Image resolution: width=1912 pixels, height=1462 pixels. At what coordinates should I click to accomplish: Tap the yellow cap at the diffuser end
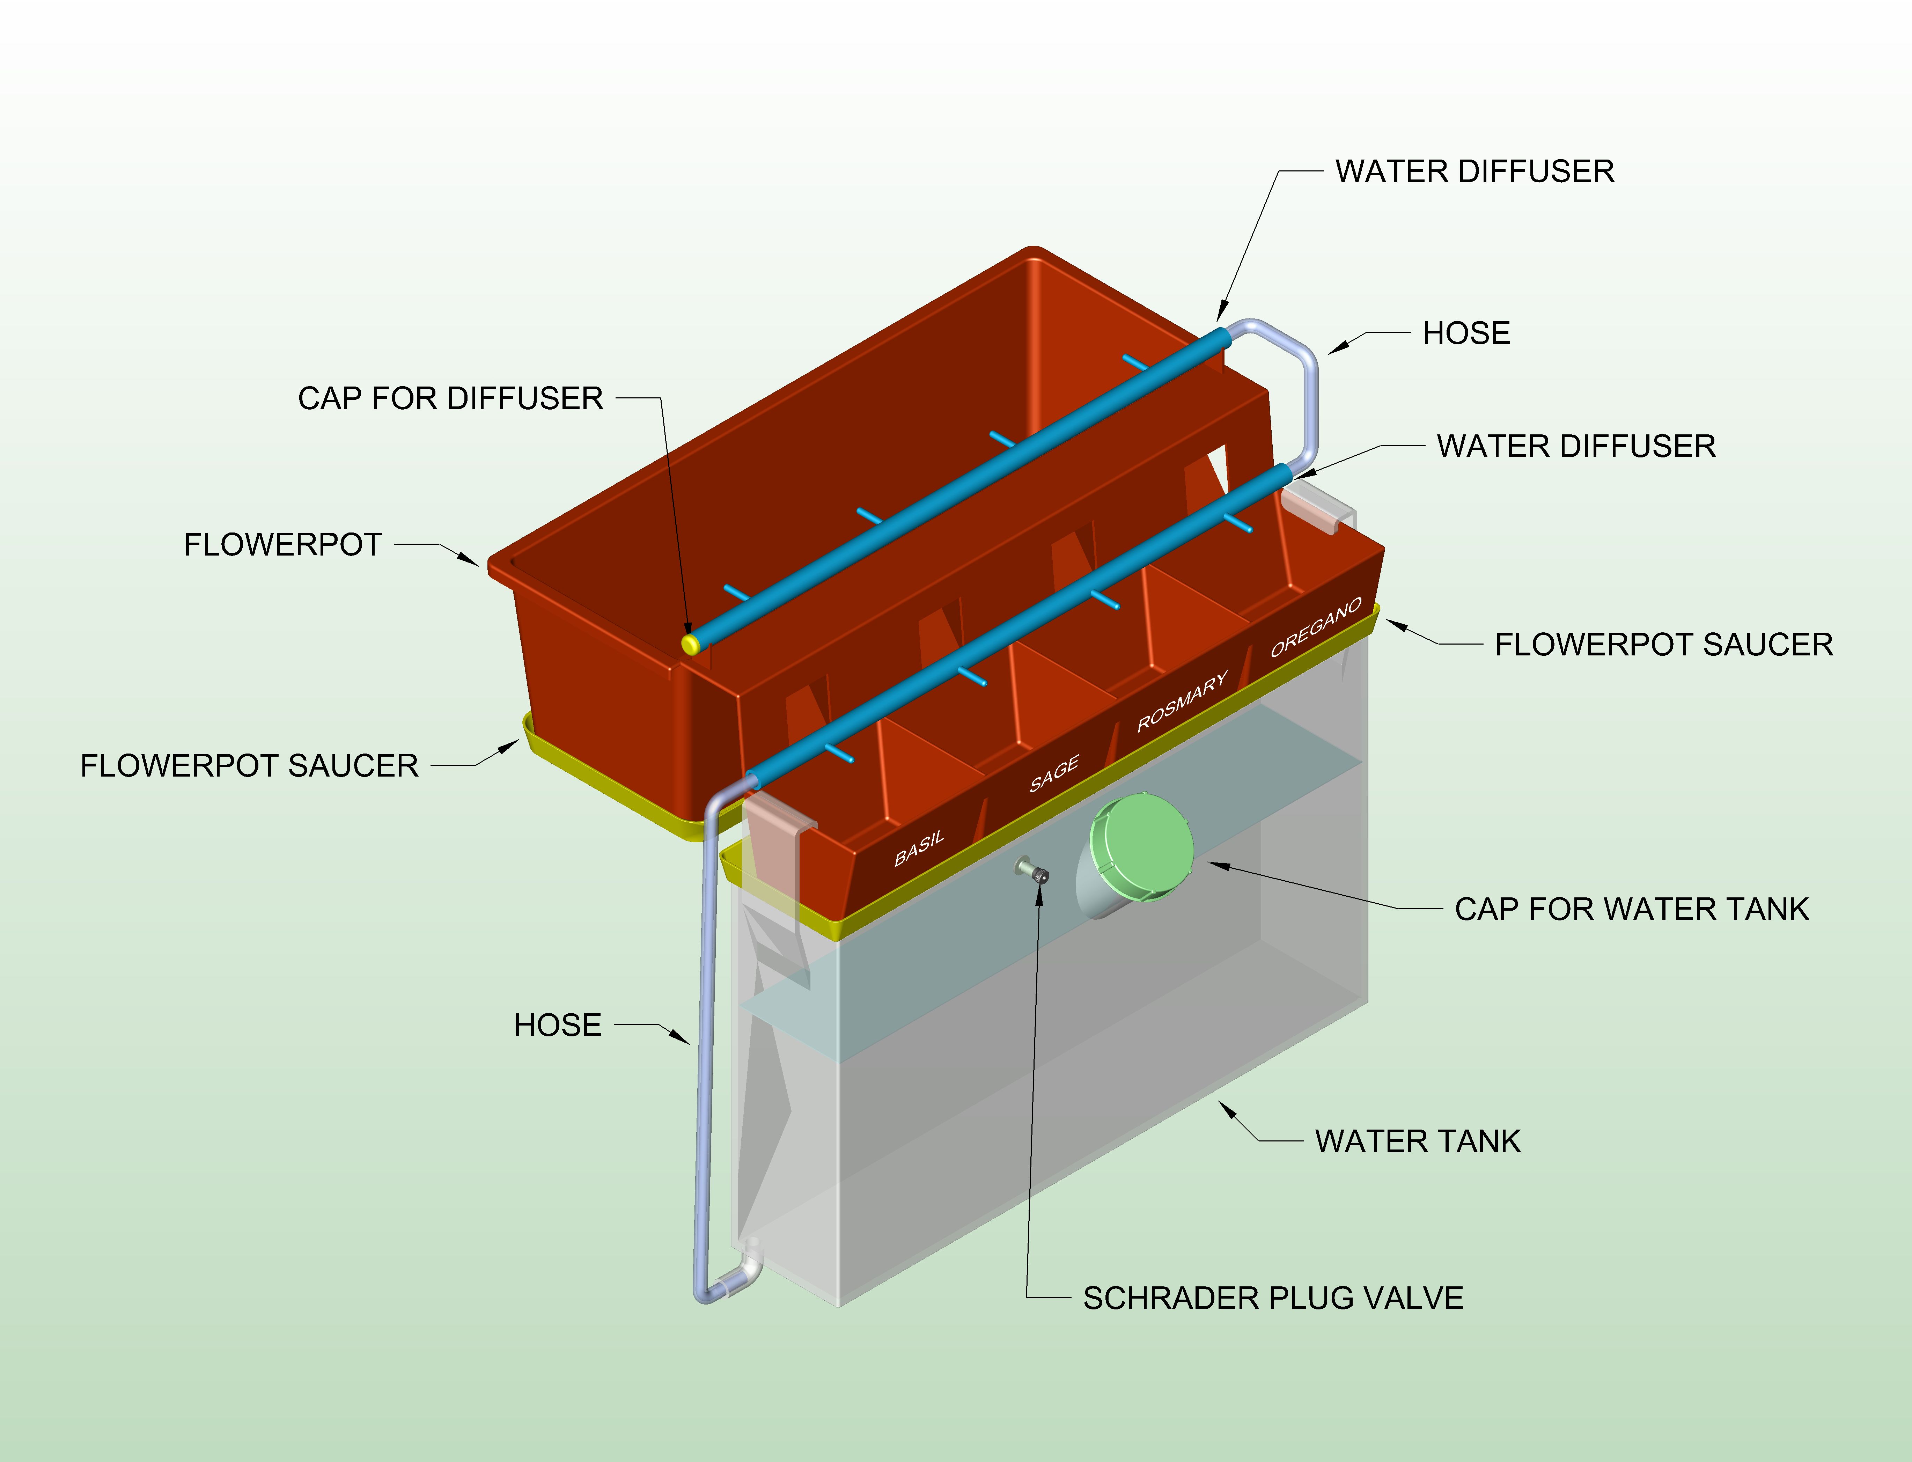click(690, 644)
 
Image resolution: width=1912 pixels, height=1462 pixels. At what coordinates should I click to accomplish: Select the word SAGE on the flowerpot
click(1054, 774)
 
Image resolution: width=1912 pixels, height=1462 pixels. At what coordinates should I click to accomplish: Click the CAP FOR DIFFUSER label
click(450, 398)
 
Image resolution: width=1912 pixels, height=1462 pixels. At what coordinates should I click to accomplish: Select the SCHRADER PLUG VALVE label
click(1272, 1298)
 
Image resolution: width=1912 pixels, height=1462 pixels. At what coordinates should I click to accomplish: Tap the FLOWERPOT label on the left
click(283, 545)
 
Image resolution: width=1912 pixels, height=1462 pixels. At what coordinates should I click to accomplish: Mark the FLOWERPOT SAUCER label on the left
click(249, 766)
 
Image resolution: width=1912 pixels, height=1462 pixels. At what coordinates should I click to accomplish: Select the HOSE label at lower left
click(557, 1025)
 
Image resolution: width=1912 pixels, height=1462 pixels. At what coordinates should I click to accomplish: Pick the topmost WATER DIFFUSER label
click(1474, 171)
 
